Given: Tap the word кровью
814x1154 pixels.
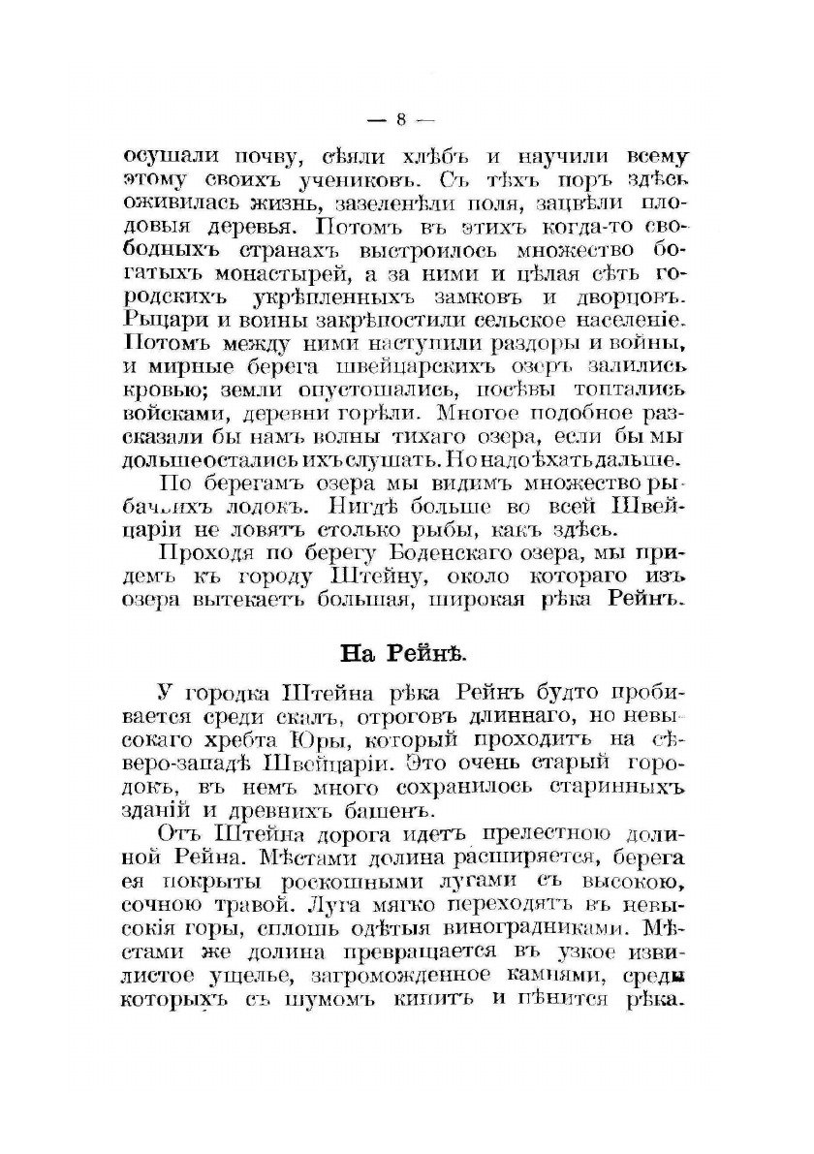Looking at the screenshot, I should coord(161,389).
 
